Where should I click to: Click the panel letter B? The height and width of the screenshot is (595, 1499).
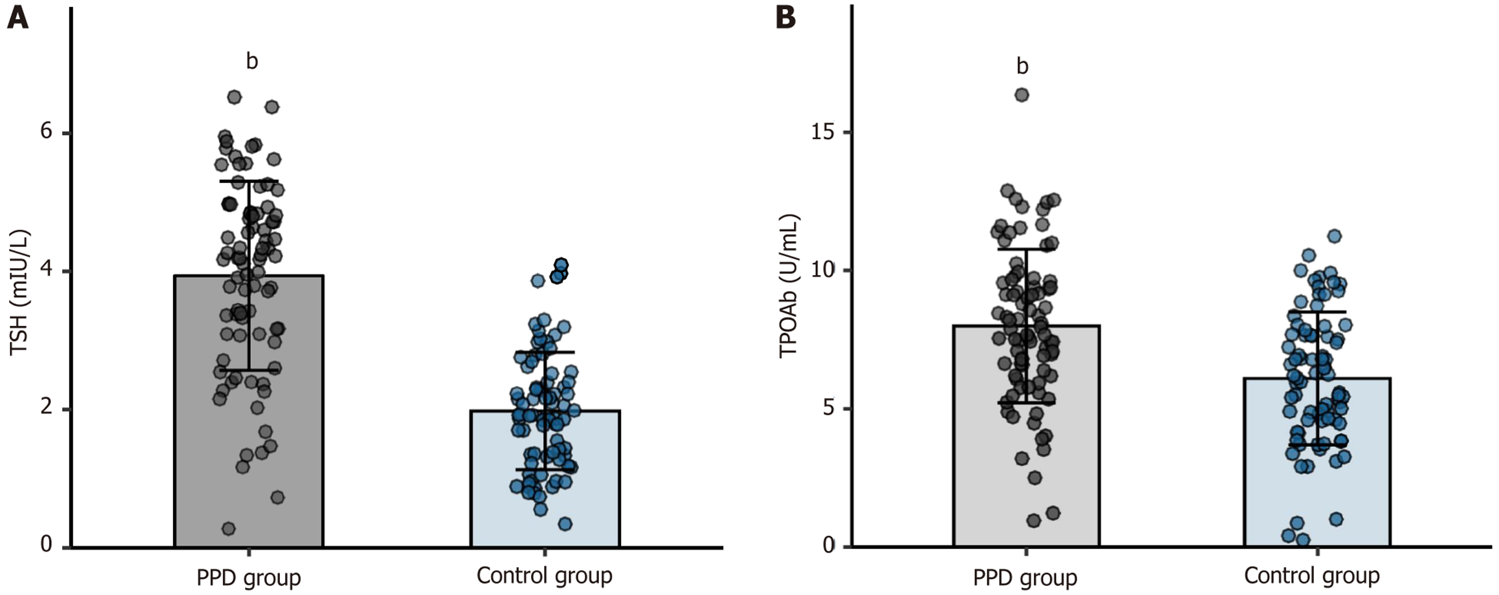(786, 17)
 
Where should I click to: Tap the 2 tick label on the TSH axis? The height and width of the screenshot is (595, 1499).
(46, 408)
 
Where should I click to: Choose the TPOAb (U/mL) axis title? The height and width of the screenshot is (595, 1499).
(790, 285)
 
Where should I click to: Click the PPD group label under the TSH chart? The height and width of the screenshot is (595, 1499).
(249, 578)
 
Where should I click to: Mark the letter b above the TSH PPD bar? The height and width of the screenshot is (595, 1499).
(252, 61)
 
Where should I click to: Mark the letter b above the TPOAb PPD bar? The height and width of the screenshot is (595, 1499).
(1023, 66)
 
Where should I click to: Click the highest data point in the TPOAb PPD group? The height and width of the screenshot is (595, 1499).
(1022, 95)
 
